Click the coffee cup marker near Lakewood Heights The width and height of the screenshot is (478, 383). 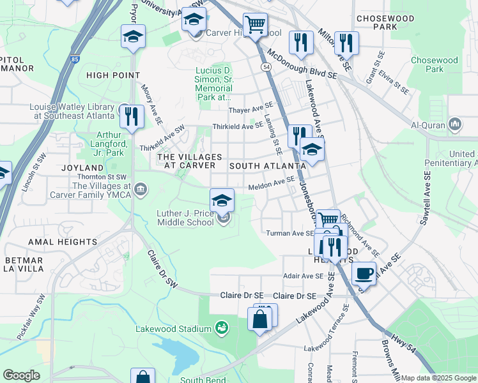(364, 274)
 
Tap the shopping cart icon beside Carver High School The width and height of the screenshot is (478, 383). (256, 26)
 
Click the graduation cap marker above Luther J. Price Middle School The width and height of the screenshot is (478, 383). (222, 200)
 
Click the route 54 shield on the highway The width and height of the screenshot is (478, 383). (265, 66)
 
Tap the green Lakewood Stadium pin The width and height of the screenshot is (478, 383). (222, 327)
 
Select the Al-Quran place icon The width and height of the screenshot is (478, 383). (455, 124)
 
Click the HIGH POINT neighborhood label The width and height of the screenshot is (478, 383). (113, 75)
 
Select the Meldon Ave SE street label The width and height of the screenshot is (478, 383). (271, 184)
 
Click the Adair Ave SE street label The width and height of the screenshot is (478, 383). (304, 276)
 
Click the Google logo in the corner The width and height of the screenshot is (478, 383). (21, 375)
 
